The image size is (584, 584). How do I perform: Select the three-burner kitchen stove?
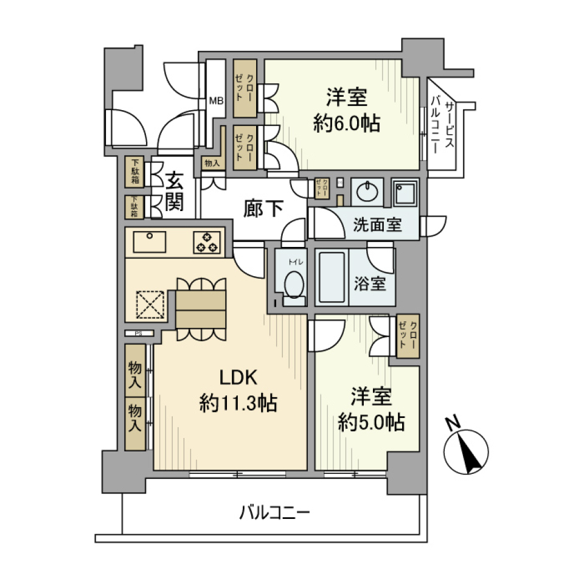[206, 242]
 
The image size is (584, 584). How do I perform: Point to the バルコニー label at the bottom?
[274, 513]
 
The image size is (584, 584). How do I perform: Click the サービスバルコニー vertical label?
[442, 127]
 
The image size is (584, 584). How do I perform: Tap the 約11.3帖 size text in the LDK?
[239, 402]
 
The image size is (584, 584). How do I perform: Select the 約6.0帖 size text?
[347, 123]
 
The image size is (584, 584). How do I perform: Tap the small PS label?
[138, 333]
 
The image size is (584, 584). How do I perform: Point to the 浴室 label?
[370, 283]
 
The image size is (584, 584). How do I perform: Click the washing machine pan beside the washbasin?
[405, 194]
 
